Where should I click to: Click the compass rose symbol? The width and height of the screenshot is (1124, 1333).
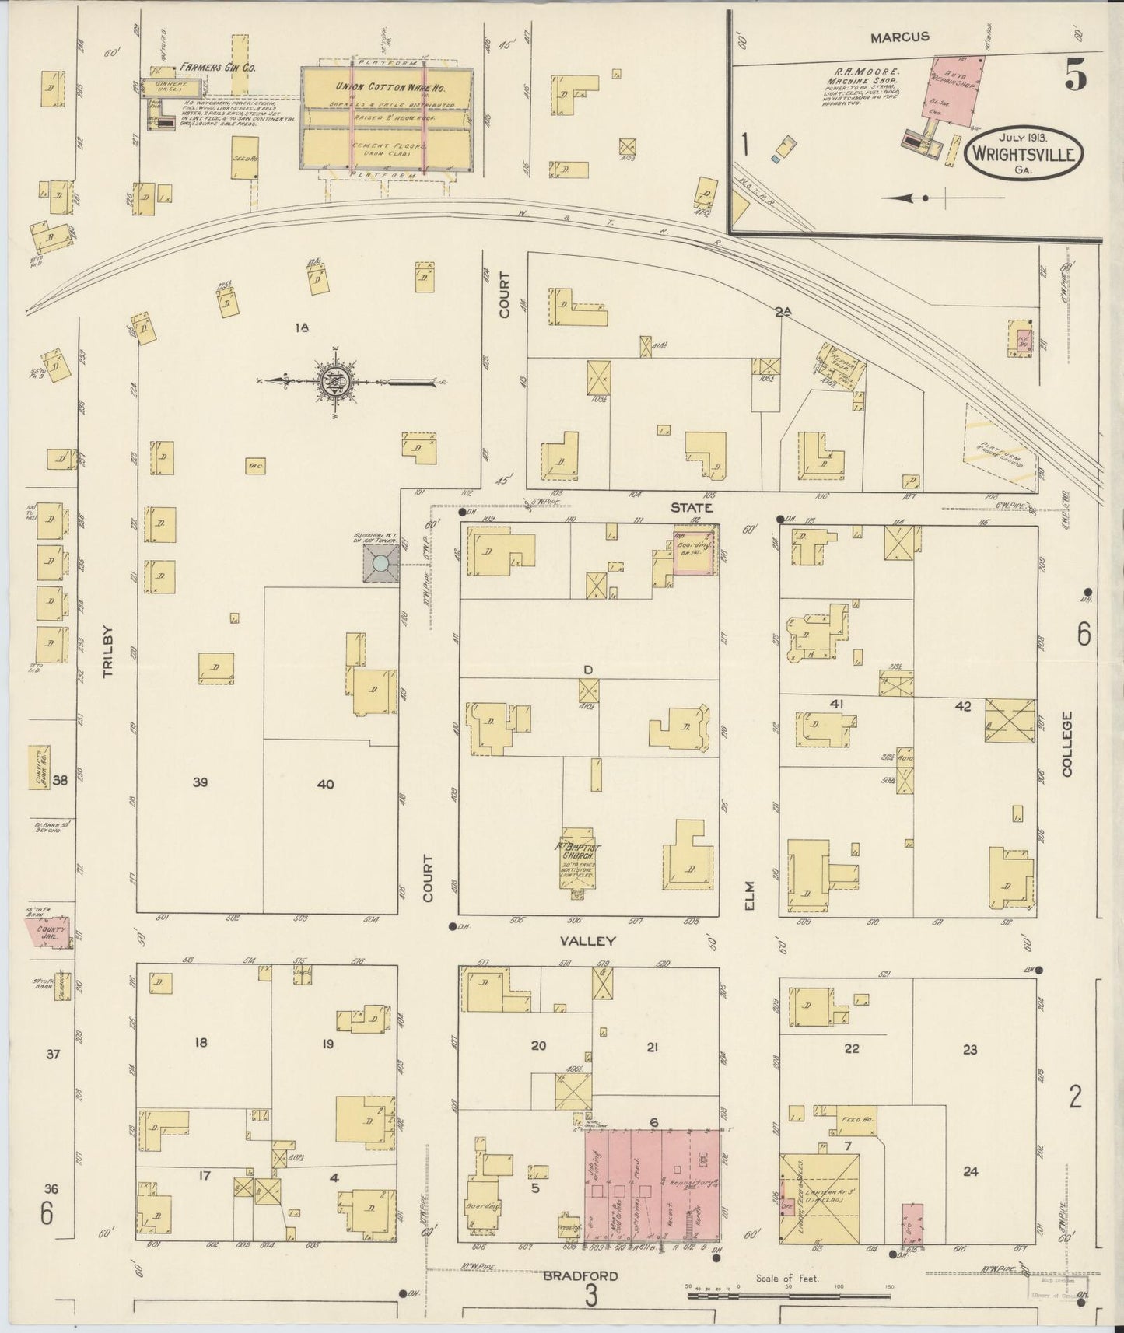[335, 381]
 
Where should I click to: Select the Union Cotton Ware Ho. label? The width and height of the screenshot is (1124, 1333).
[386, 86]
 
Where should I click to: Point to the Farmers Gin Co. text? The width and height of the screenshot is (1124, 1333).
[208, 68]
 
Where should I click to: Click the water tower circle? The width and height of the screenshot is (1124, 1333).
[381, 563]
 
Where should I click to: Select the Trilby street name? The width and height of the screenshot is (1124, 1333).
[107, 652]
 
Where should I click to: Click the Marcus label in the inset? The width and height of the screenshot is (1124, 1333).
[899, 37]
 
